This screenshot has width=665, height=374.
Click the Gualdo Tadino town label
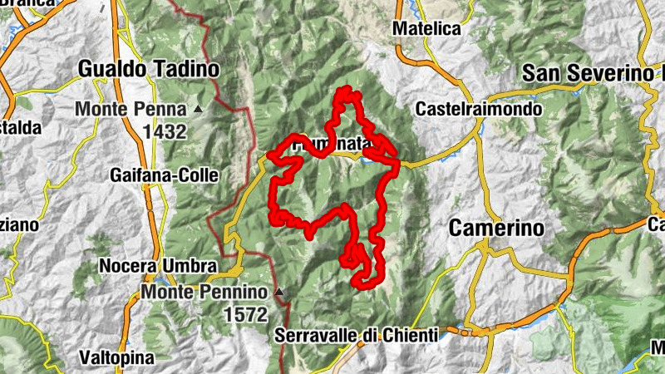pyautogui.click(x=148, y=68)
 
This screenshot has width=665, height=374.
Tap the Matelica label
pyautogui.click(x=426, y=28)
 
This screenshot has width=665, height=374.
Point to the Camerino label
pyautogui.click(x=496, y=228)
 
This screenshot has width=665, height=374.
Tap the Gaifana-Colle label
pyautogui.click(x=164, y=175)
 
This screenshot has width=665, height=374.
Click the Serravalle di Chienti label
pyautogui.click(x=356, y=335)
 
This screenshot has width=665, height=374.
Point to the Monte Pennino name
pyautogui.click(x=205, y=293)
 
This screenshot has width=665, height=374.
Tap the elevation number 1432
pyautogui.click(x=164, y=130)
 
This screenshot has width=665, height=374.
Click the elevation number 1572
pyautogui.click(x=245, y=315)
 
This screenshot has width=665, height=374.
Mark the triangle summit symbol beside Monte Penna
pyautogui.click(x=198, y=109)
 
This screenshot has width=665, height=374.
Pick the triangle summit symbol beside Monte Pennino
pyautogui.click(x=279, y=293)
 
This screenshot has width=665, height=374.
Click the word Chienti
pyautogui.click(x=408, y=335)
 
